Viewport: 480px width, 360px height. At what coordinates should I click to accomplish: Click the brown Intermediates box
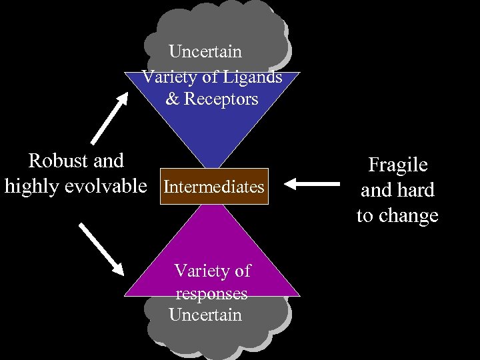point(213,187)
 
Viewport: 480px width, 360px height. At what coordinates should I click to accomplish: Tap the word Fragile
point(397,165)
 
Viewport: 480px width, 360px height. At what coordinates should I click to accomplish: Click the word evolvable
point(109,187)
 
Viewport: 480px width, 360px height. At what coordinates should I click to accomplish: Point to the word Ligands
point(251,77)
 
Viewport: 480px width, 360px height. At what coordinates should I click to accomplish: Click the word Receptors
point(221,99)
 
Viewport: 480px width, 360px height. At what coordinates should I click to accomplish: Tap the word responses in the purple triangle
point(211,293)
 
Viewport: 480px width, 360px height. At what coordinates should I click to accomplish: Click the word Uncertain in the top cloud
point(205,51)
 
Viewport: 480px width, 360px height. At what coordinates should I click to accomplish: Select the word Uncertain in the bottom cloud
point(205,315)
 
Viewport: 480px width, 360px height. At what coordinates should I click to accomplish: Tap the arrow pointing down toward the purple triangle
point(102,248)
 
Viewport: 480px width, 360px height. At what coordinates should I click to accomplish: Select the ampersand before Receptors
point(173,99)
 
